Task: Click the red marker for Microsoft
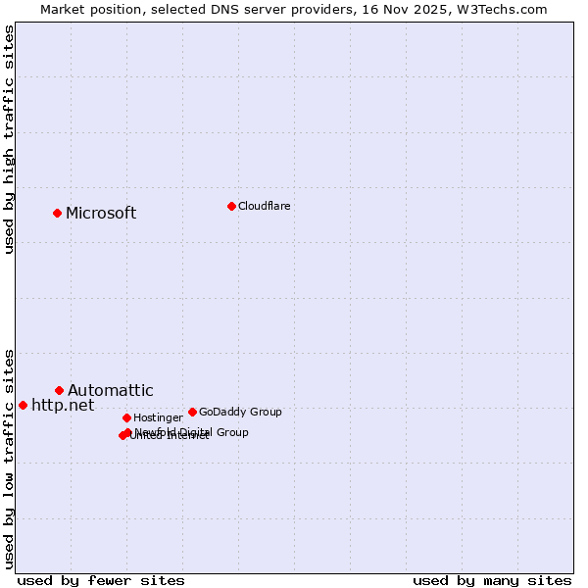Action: (57, 213)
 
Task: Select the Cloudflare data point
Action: (231, 206)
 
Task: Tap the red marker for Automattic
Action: (59, 390)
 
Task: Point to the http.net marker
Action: (23, 405)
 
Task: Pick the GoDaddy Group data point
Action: (192, 412)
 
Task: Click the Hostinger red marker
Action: (126, 417)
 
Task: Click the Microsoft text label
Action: (101, 214)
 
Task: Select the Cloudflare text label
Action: (265, 206)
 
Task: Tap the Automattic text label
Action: (111, 391)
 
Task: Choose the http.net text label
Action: (63, 405)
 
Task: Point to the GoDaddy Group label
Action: (240, 413)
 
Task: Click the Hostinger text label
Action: (158, 418)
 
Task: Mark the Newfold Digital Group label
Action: (192, 432)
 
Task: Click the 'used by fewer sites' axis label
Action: (101, 580)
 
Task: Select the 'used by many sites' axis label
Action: (492, 580)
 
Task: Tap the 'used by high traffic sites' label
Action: (9, 139)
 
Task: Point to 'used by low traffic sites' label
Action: (9, 458)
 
